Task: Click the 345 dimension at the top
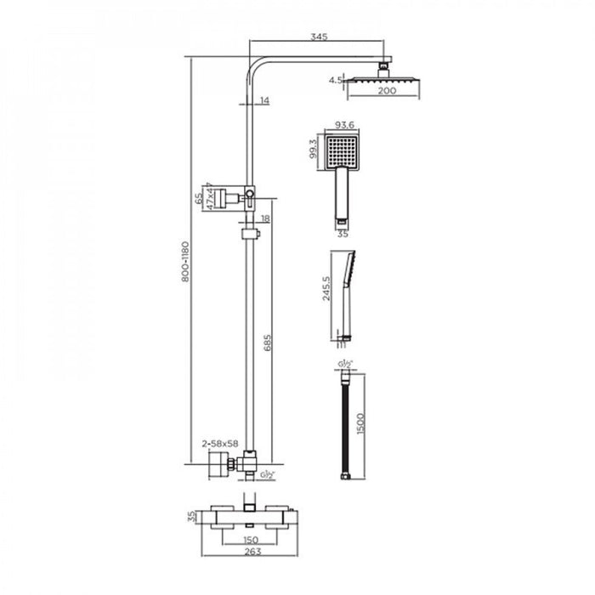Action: (x=320, y=37)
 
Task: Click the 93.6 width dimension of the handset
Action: (x=344, y=123)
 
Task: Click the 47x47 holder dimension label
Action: (x=209, y=197)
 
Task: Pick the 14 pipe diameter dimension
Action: (x=264, y=101)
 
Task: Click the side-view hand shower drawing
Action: (x=345, y=293)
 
